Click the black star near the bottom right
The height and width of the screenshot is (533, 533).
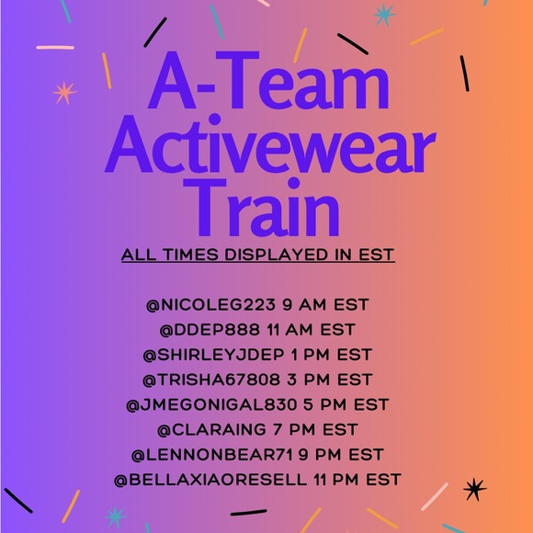coord(474,489)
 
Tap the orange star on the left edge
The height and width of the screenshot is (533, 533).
coord(63,92)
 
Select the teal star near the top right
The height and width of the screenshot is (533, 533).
coord(383,15)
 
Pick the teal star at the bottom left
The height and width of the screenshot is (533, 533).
coord(114,516)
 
